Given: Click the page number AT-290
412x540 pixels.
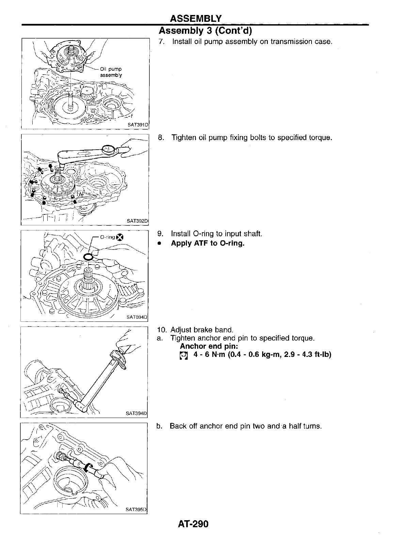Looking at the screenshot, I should pyautogui.click(x=193, y=524).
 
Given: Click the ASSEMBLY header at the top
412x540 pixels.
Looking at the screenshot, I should pyautogui.click(x=196, y=18).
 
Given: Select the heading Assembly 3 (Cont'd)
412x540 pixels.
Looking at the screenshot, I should pyautogui.click(x=205, y=31).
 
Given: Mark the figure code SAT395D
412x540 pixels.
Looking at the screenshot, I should pyautogui.click(x=136, y=510).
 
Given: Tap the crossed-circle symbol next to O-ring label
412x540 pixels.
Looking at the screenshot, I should pyautogui.click(x=119, y=238).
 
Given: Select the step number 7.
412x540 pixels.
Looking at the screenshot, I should pyautogui.click(x=162, y=42).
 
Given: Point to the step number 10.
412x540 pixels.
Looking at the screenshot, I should pyautogui.click(x=161, y=330).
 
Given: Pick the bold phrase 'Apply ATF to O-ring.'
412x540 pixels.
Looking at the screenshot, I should pyautogui.click(x=208, y=243).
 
